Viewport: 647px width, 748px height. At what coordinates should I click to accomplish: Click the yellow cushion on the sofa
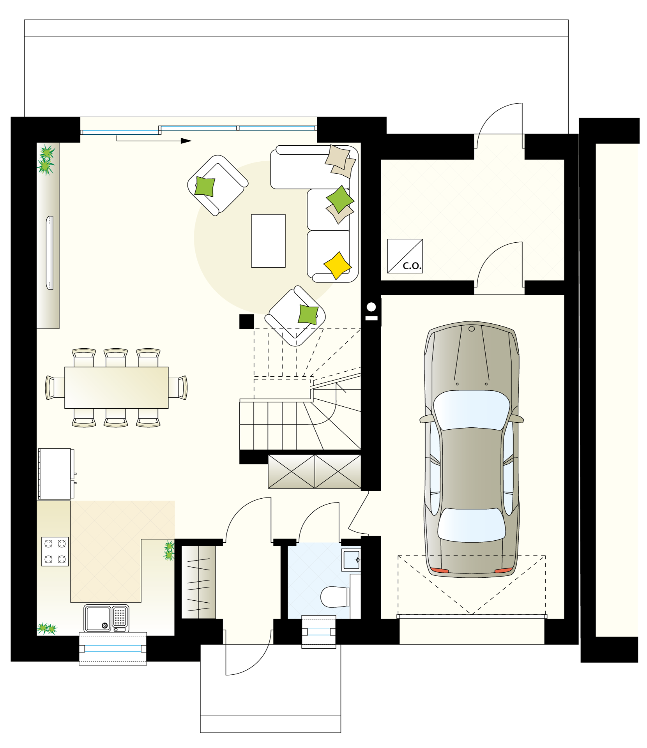(x=338, y=265)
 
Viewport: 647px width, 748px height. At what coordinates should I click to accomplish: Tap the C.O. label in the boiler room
(x=412, y=266)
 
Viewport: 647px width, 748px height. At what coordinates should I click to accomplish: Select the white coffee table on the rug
(x=268, y=241)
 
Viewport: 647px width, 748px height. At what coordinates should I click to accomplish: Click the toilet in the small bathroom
(x=335, y=597)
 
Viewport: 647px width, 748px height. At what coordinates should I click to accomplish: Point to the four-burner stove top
(x=55, y=551)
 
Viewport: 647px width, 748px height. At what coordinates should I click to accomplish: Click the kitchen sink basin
(x=98, y=618)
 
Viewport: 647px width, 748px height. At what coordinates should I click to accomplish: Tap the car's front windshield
(x=472, y=410)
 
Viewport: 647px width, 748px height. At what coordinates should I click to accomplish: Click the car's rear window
(x=472, y=525)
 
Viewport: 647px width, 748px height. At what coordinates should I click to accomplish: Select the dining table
(x=117, y=388)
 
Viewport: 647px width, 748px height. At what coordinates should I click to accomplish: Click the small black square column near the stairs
(x=247, y=321)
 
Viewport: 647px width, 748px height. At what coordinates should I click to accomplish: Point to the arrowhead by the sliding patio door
(x=186, y=141)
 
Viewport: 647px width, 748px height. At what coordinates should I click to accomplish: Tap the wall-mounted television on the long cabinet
(x=50, y=253)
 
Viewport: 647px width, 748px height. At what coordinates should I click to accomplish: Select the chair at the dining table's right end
(x=178, y=388)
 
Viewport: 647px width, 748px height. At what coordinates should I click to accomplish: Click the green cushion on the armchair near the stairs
(x=308, y=314)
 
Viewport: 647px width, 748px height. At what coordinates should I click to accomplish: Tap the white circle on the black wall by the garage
(x=371, y=307)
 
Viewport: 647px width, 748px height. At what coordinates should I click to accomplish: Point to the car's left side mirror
(x=426, y=419)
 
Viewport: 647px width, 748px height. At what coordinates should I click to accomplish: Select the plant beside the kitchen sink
(x=47, y=628)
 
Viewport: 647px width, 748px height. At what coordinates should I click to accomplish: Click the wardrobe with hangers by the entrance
(x=199, y=582)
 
